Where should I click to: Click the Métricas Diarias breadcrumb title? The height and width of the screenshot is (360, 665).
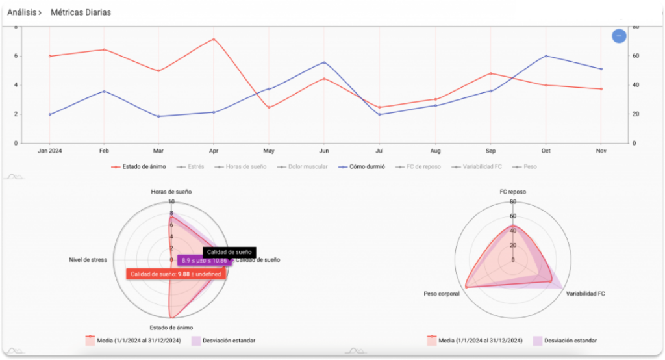(81, 12)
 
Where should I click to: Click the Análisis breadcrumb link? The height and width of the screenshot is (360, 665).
(24, 12)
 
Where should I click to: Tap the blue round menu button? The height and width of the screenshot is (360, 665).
(619, 36)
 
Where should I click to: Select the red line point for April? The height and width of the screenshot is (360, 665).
(214, 39)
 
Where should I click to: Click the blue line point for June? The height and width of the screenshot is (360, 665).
(324, 62)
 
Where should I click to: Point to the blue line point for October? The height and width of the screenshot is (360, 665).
(546, 56)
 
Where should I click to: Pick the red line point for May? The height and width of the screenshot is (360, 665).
(269, 107)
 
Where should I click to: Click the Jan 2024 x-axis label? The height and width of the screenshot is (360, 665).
(49, 151)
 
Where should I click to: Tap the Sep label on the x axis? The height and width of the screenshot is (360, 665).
(490, 151)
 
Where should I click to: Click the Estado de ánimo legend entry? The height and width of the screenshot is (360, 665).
(138, 167)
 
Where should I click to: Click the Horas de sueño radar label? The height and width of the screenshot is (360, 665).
(171, 192)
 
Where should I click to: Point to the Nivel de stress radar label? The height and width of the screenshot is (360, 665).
(88, 260)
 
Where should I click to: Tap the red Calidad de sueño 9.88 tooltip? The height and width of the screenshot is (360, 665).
(175, 274)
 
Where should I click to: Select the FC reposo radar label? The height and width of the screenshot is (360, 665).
(513, 192)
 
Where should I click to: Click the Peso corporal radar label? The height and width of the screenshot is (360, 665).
(442, 294)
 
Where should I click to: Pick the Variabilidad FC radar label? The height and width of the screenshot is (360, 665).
(586, 294)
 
